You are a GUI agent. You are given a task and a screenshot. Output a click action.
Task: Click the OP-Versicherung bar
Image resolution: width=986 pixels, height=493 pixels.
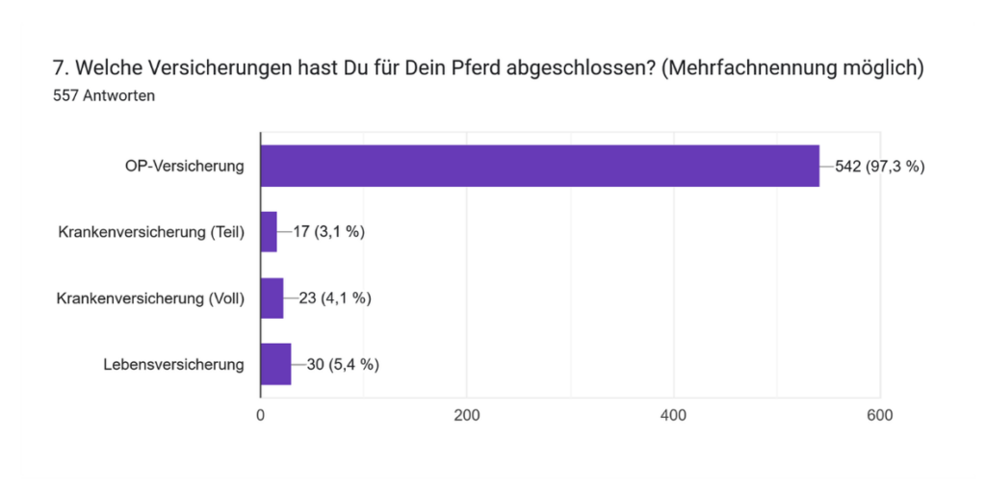539,166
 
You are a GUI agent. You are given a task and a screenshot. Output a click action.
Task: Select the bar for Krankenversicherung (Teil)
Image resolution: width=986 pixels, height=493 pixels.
269,231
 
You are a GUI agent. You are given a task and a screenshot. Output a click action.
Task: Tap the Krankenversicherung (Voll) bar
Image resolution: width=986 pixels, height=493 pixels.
272,298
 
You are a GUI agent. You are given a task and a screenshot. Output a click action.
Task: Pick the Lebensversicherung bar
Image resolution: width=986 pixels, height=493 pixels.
275,364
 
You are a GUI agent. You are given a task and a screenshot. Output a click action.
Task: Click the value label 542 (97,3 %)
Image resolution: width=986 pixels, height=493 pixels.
879,167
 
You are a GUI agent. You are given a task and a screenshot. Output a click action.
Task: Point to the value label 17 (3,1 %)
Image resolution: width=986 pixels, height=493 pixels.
328,232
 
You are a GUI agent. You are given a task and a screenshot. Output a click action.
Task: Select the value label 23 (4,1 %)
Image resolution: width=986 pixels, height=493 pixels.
335,298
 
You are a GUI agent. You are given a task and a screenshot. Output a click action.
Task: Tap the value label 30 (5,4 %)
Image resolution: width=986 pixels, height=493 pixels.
343,364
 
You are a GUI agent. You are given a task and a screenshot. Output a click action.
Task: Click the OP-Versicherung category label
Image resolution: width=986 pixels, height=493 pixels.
184,167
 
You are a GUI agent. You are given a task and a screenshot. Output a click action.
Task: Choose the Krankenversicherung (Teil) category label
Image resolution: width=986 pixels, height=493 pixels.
151,232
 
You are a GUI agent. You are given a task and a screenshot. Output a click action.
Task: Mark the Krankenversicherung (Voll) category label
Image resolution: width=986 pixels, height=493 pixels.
151,298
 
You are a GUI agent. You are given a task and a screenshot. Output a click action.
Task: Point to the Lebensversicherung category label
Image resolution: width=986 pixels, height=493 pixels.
173,364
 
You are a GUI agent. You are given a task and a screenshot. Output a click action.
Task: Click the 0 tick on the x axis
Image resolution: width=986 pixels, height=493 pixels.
260,416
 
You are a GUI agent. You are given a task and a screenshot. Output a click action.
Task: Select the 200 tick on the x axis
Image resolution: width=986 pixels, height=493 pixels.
467,416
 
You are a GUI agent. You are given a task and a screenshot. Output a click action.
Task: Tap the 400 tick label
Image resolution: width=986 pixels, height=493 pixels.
674,416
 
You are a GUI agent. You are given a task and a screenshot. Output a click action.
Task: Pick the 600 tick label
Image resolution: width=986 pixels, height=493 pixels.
880,416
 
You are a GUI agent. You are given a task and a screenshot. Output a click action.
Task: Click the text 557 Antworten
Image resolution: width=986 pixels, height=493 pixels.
104,96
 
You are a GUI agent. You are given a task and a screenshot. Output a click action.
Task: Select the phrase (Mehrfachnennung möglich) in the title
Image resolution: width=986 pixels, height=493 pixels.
792,69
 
